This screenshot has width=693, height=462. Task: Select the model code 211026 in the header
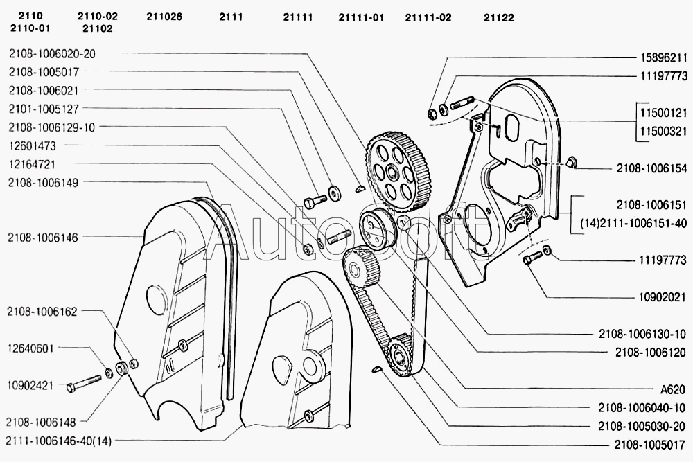164,17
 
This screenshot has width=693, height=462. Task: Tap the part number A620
671,389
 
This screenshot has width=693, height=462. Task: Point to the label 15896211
661,57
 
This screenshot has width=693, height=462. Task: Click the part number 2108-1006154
651,168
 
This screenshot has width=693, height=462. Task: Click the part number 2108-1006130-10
642,333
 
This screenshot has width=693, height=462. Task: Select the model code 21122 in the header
498,17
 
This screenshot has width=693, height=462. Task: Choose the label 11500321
661,130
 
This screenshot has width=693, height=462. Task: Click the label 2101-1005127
44,108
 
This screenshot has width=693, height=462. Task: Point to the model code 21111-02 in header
428,17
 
